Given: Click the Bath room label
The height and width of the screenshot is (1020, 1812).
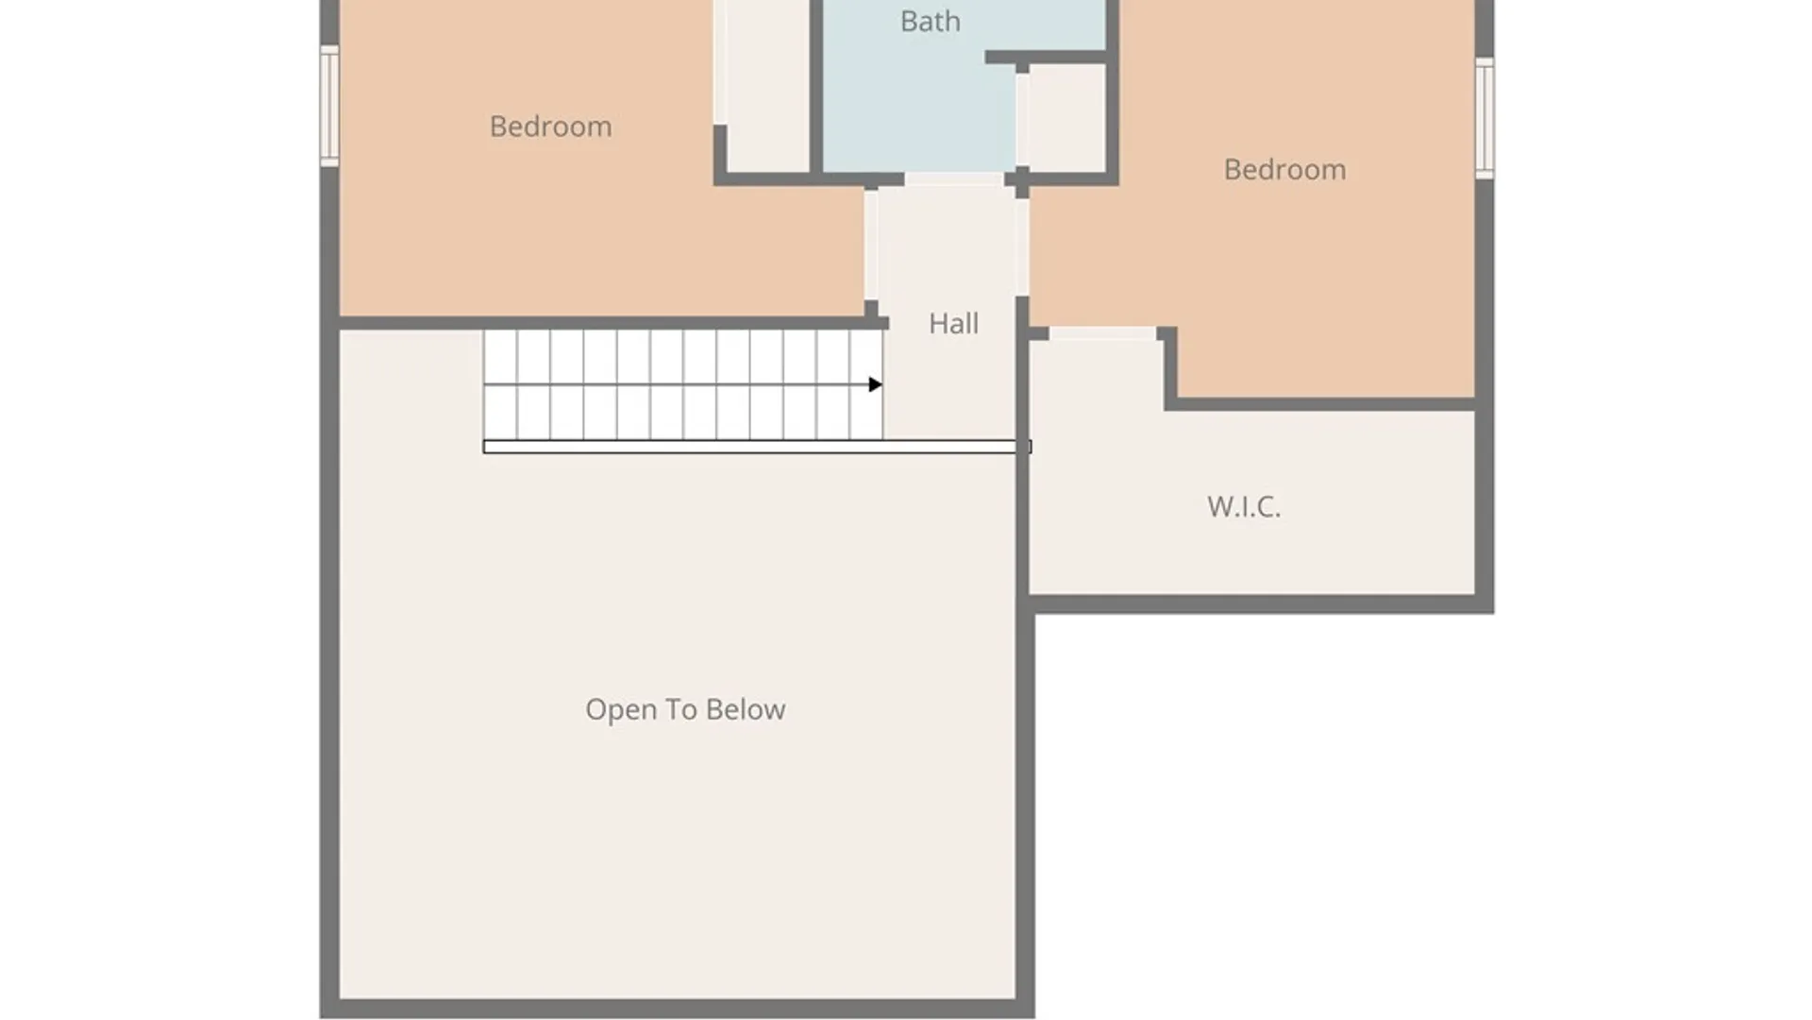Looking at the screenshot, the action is tap(930, 21).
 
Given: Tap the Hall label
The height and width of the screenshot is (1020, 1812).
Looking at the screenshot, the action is tap(953, 324).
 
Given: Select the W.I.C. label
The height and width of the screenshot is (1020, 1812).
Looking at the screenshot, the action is tap(1244, 506).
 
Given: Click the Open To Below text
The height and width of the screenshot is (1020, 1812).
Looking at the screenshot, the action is tap(685, 709).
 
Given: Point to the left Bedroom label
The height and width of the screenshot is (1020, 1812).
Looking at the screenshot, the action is tap(550, 127).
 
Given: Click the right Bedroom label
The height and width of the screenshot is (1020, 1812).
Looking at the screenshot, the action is tap(1284, 170).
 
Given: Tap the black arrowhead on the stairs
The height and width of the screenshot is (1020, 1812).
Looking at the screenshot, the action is tap(875, 384).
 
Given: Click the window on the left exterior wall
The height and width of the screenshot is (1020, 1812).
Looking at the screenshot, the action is tap(329, 106).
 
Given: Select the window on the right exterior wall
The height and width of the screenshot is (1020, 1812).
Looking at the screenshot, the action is tap(1485, 118).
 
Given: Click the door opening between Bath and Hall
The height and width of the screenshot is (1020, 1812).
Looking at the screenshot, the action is tap(954, 179).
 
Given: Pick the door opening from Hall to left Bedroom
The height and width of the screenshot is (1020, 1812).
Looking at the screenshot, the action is tap(871, 245).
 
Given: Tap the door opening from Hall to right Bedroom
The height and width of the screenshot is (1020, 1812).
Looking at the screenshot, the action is tap(1022, 246).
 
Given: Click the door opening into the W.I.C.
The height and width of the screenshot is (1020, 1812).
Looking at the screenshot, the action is tap(1102, 333).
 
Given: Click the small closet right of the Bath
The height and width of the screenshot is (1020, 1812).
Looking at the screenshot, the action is tap(1066, 118).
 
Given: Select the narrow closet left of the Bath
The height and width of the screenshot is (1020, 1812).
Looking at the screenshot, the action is tap(767, 85).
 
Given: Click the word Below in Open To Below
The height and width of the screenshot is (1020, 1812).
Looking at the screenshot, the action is tap(746, 709).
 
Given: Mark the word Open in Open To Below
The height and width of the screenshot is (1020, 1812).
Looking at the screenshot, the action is tap(621, 710).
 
